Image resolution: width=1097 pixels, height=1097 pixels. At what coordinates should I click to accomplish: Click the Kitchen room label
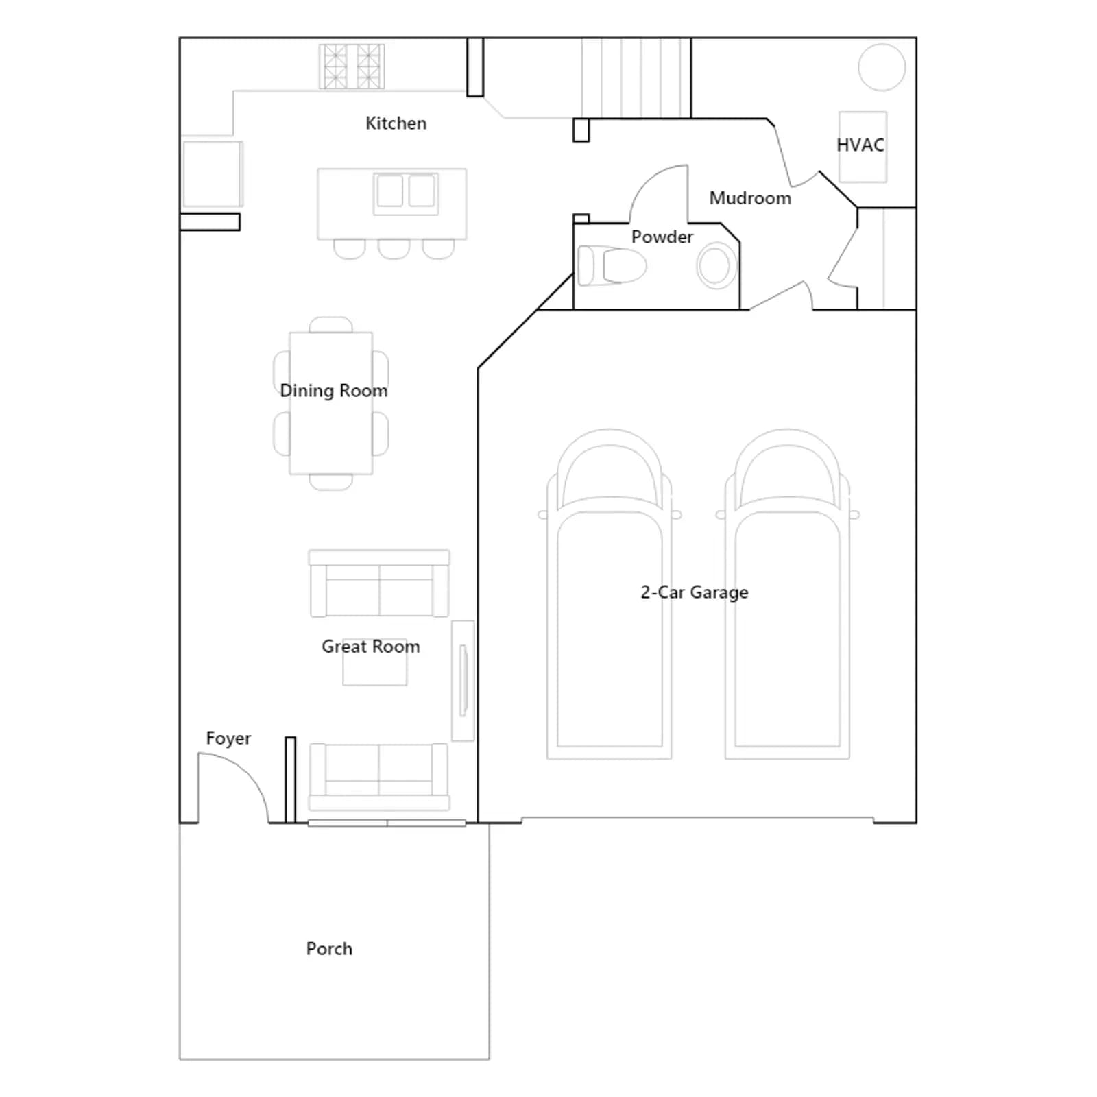coord(396,123)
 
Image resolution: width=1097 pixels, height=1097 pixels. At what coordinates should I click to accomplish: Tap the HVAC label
coord(860,145)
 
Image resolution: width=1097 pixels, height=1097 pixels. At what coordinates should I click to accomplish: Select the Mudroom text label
coord(750,198)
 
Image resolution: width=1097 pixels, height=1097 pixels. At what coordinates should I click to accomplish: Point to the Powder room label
coord(662,237)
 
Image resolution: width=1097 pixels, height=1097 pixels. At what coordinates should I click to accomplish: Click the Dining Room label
coord(334,391)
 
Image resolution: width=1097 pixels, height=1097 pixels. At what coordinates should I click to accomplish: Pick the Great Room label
coord(371,647)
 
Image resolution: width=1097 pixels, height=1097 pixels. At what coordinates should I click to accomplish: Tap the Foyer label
coord(228,738)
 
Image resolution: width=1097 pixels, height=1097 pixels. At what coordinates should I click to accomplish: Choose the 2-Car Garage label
coord(695,592)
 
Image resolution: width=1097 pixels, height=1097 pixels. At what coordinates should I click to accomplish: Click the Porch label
coord(329,949)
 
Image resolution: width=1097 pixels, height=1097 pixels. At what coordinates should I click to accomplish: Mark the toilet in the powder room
coord(612,265)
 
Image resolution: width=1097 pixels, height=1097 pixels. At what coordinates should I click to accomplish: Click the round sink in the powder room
coord(716,265)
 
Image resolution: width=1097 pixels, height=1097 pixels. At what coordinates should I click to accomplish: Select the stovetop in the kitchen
coord(352,67)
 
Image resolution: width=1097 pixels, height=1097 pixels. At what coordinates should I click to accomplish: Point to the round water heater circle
coord(882,67)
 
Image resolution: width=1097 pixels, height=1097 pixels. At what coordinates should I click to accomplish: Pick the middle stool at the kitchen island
coord(394,249)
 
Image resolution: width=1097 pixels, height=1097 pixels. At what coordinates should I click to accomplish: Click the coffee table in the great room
coord(375,662)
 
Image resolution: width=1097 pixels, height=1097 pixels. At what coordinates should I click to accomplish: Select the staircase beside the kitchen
coord(636,77)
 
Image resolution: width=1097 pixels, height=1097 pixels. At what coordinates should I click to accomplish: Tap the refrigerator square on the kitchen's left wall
coord(213,174)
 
